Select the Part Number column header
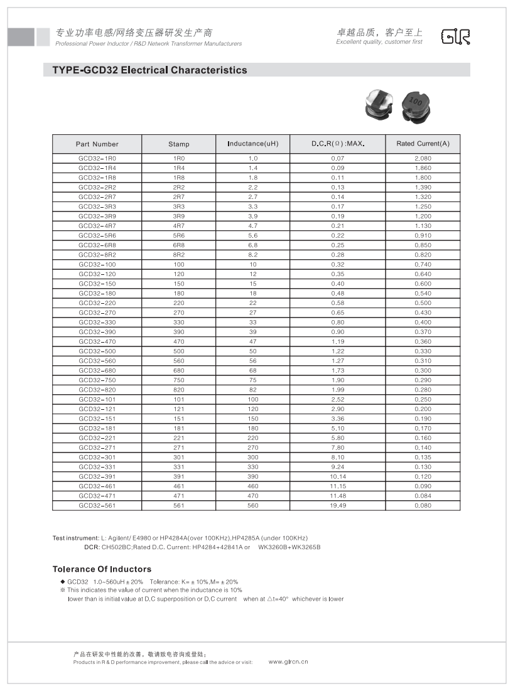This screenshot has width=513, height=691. click(x=97, y=144)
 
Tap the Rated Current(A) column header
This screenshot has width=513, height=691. click(x=423, y=144)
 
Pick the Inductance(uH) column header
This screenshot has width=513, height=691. click(x=252, y=144)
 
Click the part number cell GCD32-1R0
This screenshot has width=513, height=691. click(x=97, y=159)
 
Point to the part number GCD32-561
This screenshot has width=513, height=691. click(x=97, y=505)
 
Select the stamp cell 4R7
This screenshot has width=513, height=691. click(x=178, y=226)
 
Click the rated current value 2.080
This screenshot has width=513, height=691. click(x=423, y=159)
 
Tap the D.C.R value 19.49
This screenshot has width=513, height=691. click(x=338, y=505)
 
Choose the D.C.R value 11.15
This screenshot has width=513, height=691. click(x=338, y=486)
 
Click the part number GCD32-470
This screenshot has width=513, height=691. click(x=97, y=341)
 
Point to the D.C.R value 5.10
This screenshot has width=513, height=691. click(x=338, y=429)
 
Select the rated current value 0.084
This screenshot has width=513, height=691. click(x=423, y=496)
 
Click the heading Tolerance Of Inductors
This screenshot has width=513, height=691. click(x=102, y=569)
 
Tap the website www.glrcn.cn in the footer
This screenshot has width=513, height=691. click(x=288, y=662)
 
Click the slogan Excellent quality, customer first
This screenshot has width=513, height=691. click(x=379, y=42)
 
